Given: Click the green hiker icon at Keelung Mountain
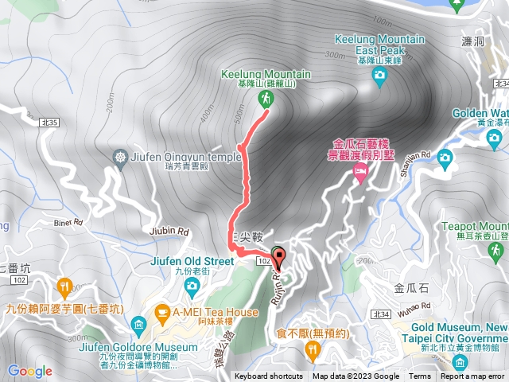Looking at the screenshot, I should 265,98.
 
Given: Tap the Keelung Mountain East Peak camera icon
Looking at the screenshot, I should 379,75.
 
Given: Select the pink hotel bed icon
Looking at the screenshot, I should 360,171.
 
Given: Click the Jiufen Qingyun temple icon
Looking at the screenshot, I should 120,157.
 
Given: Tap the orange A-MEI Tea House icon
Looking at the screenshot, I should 162,312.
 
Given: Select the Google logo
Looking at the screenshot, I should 29,371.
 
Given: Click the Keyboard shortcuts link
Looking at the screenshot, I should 269,376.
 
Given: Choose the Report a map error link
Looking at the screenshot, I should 473,376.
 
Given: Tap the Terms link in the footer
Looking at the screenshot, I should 420,376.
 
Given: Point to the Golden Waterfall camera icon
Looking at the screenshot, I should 444,157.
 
